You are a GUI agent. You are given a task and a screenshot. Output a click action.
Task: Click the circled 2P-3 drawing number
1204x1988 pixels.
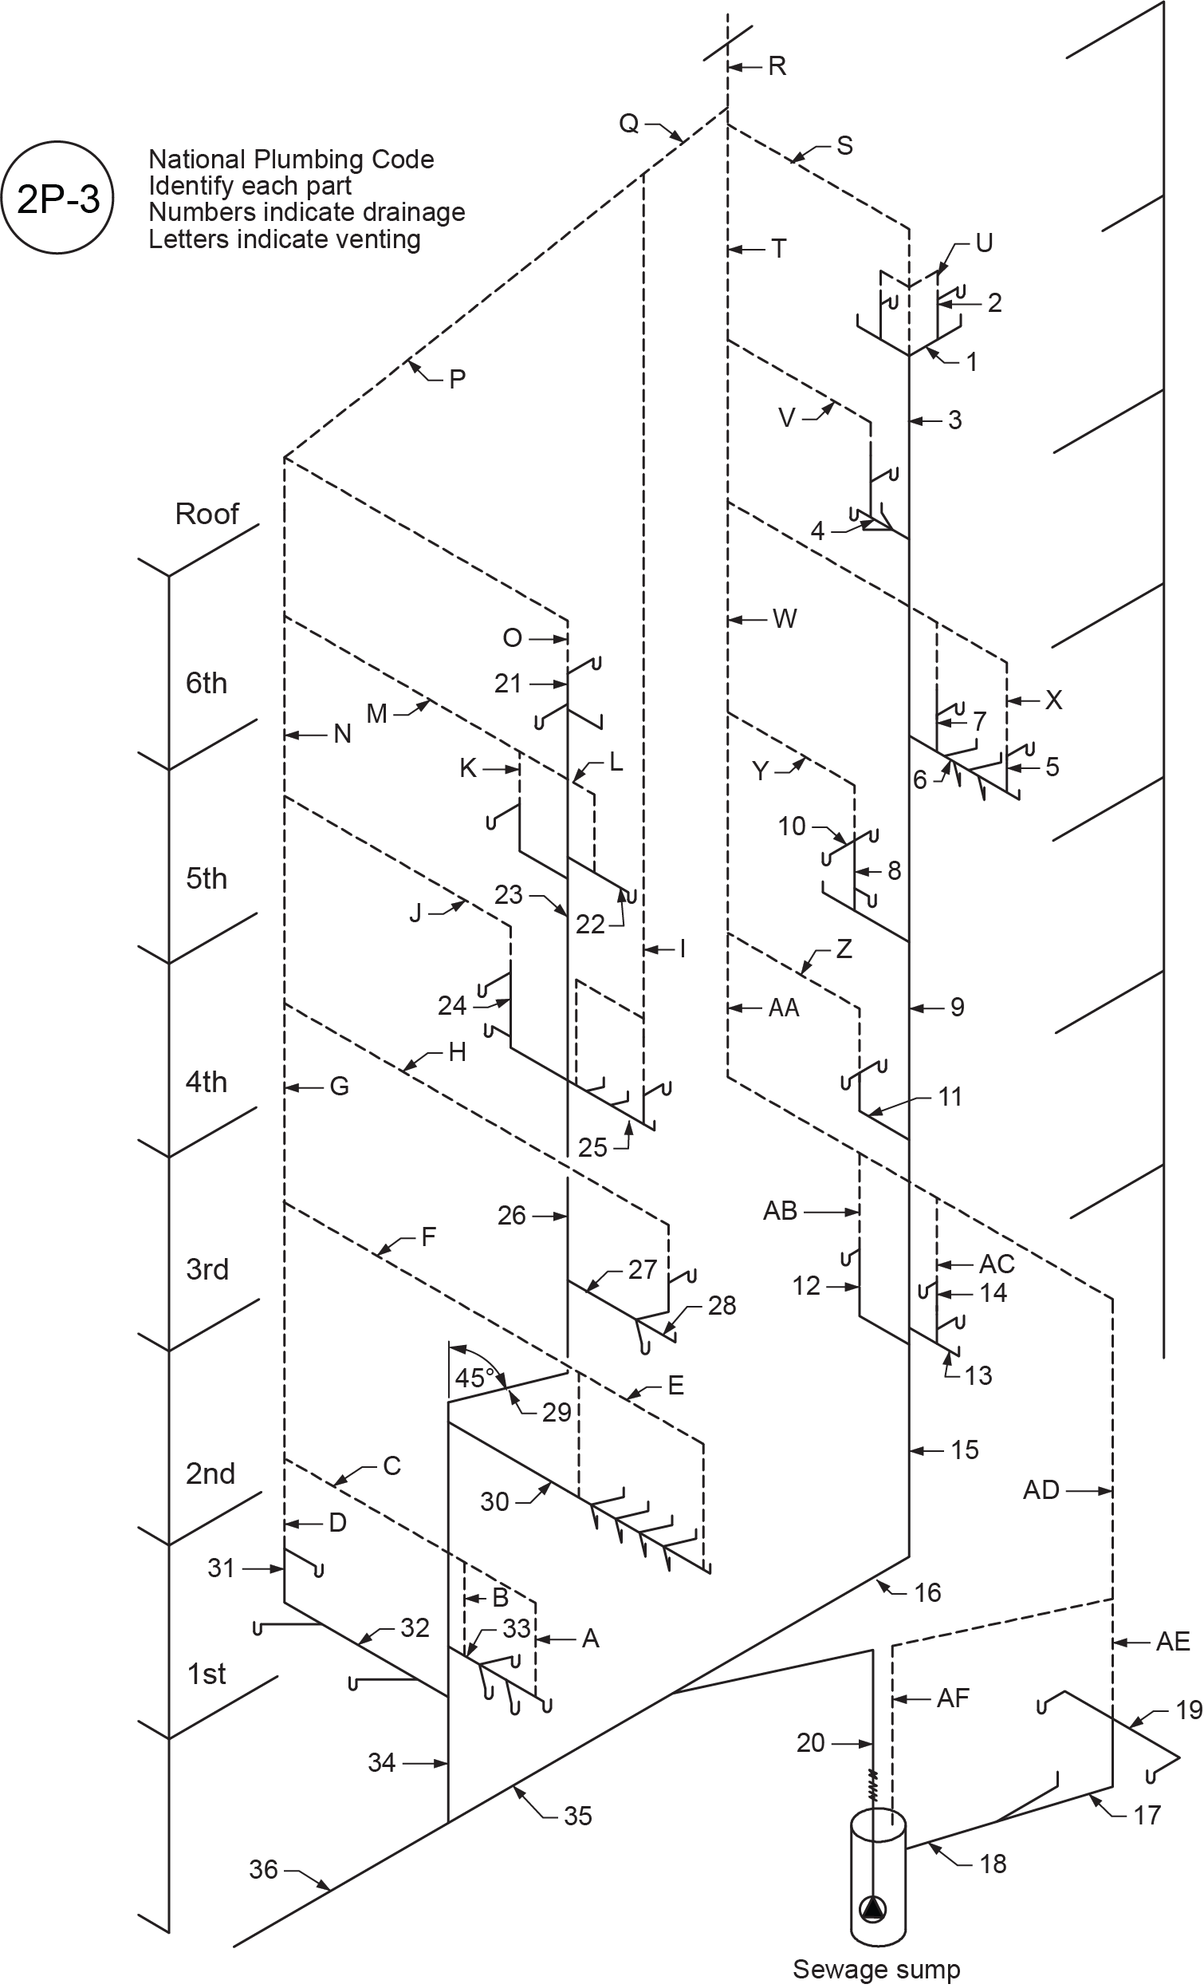coord(58,198)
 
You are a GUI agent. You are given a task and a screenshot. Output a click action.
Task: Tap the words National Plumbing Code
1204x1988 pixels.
coord(291,159)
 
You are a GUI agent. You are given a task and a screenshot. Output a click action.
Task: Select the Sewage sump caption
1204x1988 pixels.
coord(875,1969)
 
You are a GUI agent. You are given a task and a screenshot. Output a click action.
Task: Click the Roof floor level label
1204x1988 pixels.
coord(207,514)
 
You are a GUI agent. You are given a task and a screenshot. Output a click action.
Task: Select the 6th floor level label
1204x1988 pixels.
coord(207,684)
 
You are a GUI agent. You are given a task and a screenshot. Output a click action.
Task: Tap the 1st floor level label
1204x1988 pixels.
coord(207,1674)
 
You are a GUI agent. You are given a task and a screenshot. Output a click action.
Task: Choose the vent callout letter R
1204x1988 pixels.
coord(777,65)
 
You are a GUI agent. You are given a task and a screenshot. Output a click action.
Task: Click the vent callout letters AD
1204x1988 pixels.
coord(1041,1489)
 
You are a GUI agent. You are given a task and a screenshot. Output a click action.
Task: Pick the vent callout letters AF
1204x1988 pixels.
coord(953,1698)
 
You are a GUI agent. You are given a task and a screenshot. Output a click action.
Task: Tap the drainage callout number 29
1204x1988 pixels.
coord(557,1412)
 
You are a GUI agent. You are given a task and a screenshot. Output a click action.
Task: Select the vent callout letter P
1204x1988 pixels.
coord(457,378)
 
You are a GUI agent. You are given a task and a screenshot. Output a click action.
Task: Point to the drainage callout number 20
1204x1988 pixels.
coord(810,1743)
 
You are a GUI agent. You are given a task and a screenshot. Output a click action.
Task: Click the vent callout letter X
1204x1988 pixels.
coord(1053,700)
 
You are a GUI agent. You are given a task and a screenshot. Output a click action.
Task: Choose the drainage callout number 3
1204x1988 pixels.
coord(954,420)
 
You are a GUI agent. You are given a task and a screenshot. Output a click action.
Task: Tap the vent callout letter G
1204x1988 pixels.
coord(340,1087)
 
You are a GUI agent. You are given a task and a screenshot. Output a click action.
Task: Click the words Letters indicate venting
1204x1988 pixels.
coord(284,239)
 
